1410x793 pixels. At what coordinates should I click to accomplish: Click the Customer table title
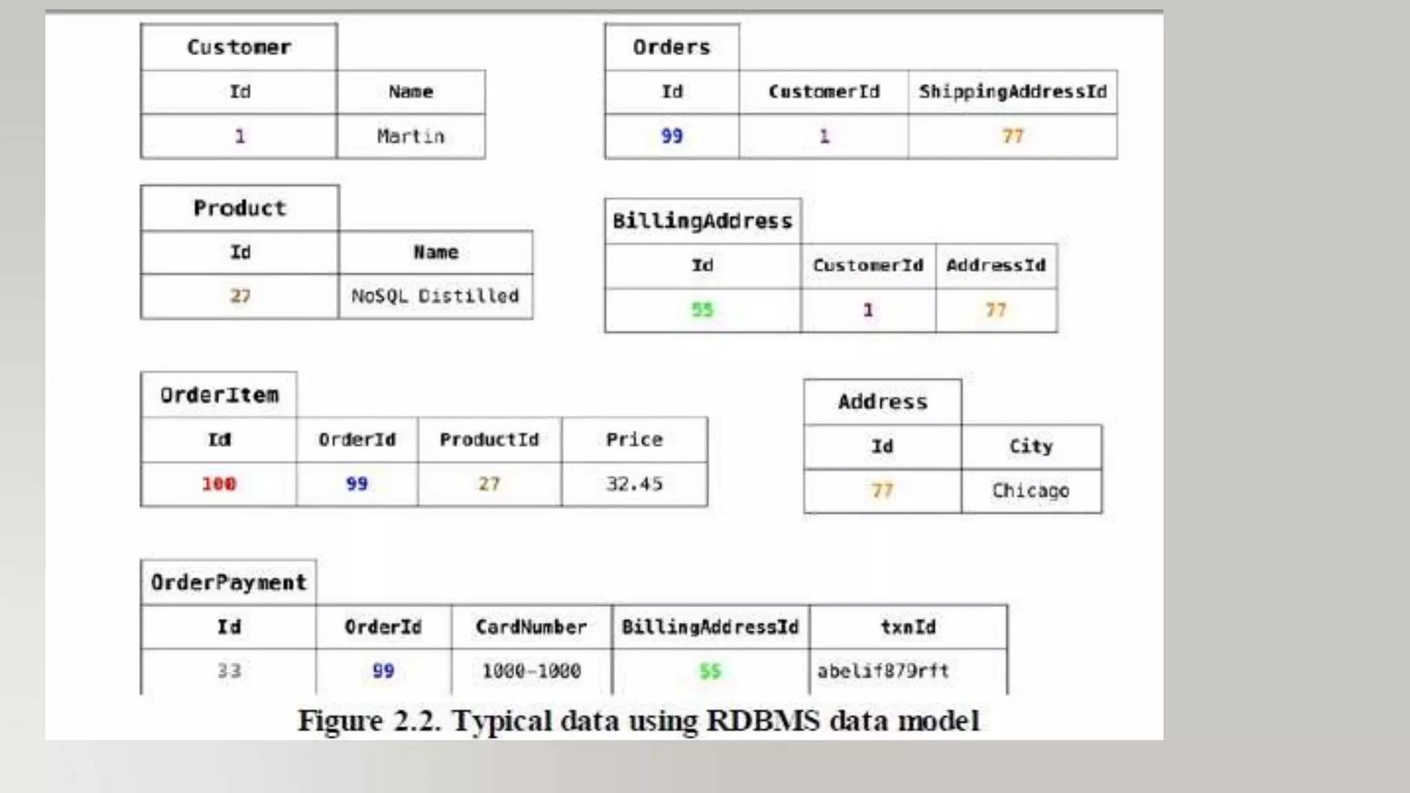(239, 47)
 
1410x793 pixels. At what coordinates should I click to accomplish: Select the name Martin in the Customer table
(410, 136)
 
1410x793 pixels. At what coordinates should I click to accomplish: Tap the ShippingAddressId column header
(1012, 92)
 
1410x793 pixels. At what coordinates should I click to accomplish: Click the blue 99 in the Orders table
(671, 136)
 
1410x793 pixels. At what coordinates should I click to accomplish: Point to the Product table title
(239, 208)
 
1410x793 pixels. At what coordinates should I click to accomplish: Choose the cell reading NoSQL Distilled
(434, 296)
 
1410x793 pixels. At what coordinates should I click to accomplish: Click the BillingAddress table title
(702, 221)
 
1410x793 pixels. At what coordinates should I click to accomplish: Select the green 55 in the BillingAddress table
(702, 310)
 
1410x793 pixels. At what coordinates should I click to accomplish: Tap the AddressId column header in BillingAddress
(996, 265)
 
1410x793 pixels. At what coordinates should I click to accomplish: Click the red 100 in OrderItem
(218, 484)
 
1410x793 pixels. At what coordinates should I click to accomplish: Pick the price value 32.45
(634, 484)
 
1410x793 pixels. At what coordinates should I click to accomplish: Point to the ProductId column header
(489, 439)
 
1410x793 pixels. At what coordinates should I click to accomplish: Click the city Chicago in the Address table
(1030, 491)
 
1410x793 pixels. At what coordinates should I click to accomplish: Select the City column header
(1031, 446)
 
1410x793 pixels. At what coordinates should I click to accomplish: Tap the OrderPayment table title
(228, 582)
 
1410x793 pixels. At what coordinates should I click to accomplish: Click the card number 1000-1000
(531, 670)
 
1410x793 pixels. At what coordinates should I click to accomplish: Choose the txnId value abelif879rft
(883, 670)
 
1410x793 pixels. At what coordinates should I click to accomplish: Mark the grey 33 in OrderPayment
(229, 670)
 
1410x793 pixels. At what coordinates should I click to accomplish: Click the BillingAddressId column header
(710, 627)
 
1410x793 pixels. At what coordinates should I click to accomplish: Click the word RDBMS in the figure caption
(763, 721)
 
